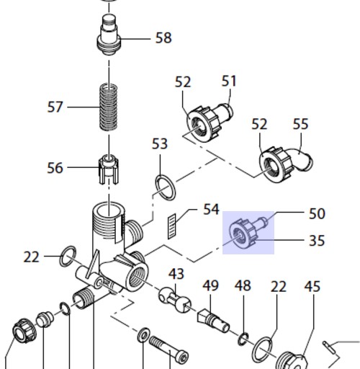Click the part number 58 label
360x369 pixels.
pos(163,38)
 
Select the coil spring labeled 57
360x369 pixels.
pos(109,107)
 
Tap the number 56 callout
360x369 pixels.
pos(55,168)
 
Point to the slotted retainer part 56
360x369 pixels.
pos(109,169)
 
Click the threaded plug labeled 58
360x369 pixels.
pos(109,35)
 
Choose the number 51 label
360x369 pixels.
pos(229,81)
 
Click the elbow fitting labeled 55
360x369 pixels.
pos(301,160)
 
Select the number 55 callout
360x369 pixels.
pos(300,124)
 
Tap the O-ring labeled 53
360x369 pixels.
pos(166,187)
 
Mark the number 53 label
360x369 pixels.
pos(160,144)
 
